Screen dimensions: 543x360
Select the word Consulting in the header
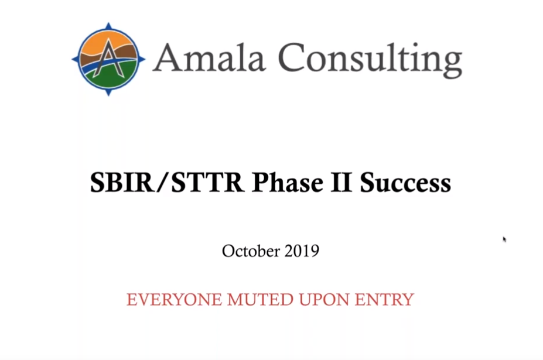pyautogui.click(x=370, y=60)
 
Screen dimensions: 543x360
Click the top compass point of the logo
pyautogui.click(x=108, y=26)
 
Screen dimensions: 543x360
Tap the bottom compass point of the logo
pyautogui.click(x=108, y=92)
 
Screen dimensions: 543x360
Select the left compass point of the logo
pyautogui.click(x=75, y=60)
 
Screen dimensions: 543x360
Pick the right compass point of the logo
pyautogui.click(x=141, y=59)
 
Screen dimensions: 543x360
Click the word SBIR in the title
pyautogui.click(x=121, y=183)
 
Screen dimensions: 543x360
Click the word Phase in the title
pyautogui.click(x=288, y=183)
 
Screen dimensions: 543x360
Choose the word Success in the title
pyautogui.click(x=405, y=183)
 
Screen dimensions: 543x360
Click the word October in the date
pyautogui.click(x=251, y=251)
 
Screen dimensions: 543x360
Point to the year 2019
pyautogui.click(x=302, y=251)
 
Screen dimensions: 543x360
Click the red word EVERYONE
pyautogui.click(x=174, y=300)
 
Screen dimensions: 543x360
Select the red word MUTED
pyautogui.click(x=261, y=300)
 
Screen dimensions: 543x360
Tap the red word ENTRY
pyautogui.click(x=384, y=300)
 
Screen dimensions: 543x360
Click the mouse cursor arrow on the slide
pyautogui.click(x=504, y=239)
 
